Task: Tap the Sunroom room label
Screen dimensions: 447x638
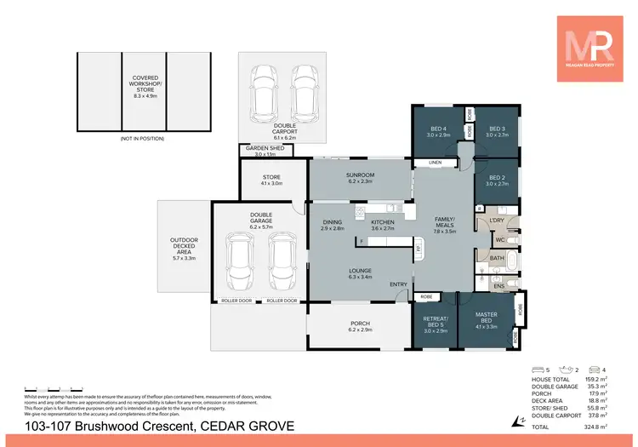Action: click(362, 176)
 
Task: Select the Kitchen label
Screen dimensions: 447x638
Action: click(383, 226)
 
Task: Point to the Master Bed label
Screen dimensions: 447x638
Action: click(486, 320)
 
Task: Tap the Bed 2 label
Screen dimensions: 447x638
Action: click(496, 180)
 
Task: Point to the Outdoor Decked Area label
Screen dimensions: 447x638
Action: click(184, 246)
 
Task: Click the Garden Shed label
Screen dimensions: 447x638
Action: click(266, 151)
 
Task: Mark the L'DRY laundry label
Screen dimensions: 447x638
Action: click(497, 221)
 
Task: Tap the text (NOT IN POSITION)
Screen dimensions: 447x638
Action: click(143, 138)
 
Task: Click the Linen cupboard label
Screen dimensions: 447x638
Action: click(436, 162)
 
